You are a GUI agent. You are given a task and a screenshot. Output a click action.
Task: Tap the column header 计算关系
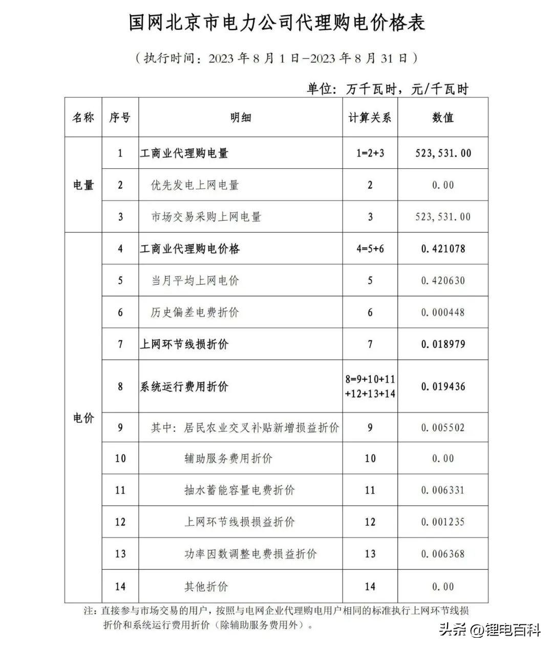(370, 117)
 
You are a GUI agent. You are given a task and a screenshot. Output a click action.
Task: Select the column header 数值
(443, 117)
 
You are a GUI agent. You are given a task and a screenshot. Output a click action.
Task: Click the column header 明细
(240, 117)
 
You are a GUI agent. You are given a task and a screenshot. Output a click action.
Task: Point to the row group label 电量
(83, 185)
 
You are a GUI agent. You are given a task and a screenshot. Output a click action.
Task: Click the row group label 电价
(83, 418)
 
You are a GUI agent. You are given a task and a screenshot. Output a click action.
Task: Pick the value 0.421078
(443, 249)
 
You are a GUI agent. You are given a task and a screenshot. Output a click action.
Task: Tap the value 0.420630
(443, 280)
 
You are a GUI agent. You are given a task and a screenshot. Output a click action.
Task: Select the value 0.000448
(443, 312)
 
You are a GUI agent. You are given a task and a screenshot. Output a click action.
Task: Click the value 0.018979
(443, 344)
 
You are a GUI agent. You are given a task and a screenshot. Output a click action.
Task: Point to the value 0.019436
(443, 386)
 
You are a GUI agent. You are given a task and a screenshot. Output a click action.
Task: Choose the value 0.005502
(443, 427)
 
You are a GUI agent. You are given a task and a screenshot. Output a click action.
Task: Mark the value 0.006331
(443, 490)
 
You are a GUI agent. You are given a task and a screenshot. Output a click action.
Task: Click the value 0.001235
(443, 522)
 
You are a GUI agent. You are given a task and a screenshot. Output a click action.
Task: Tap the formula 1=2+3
(370, 153)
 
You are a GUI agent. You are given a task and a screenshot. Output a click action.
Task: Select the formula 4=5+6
(370, 249)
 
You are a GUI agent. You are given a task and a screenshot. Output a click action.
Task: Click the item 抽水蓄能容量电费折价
(239, 490)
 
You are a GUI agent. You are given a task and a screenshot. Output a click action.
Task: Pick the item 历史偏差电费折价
(195, 312)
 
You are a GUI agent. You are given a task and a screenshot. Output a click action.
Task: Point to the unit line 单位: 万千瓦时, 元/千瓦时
(387, 89)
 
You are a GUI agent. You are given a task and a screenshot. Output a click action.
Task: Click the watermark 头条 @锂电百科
(489, 630)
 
